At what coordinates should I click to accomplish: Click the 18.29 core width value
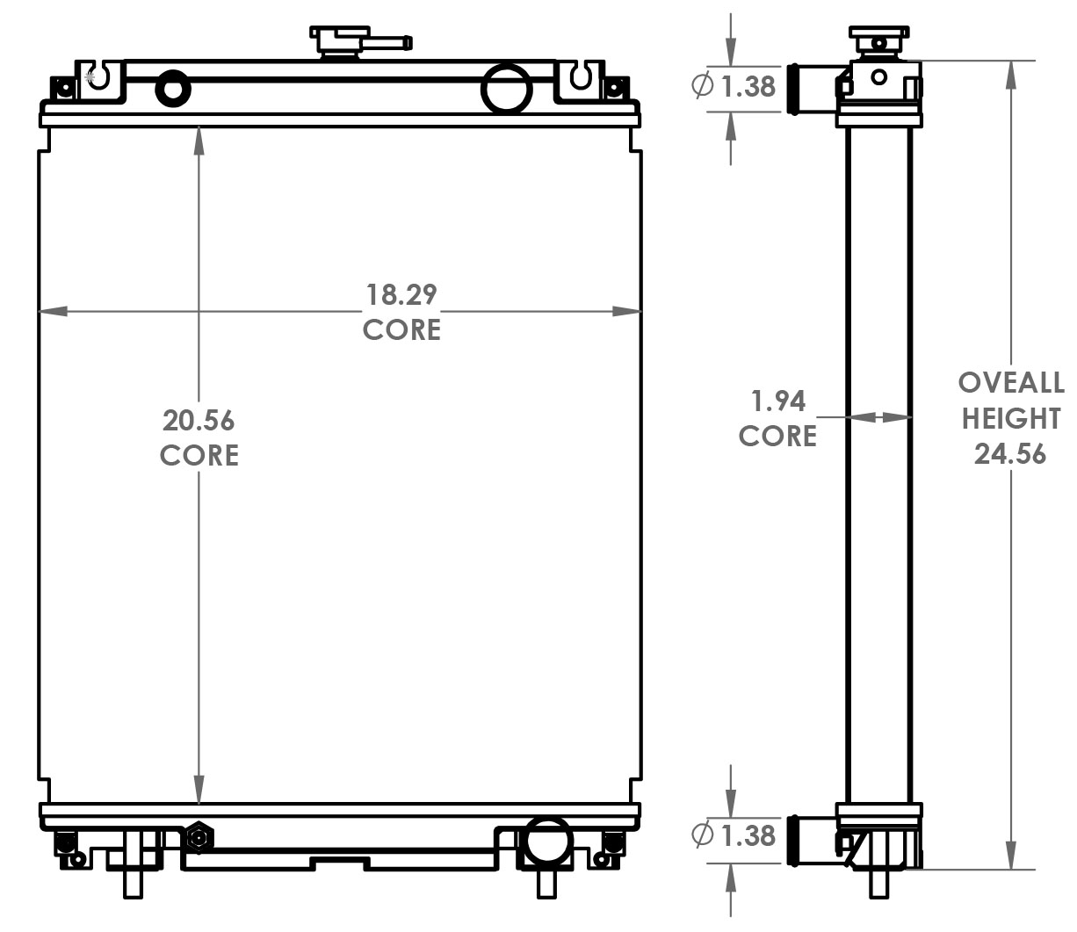pos(401,294)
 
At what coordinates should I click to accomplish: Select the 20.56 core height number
pos(199,421)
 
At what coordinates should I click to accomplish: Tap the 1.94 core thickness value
pos(778,401)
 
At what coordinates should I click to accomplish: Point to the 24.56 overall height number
pos(1010,454)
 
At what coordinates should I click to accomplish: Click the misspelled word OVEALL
pos(1010,383)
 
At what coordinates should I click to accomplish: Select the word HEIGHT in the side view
pos(1010,419)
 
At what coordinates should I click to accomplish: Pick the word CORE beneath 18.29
pos(401,330)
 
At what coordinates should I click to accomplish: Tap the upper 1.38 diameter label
pos(748,86)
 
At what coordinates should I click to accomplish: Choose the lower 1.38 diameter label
pos(748,834)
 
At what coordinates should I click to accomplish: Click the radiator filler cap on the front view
pos(339,41)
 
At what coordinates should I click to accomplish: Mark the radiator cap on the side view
pos(878,41)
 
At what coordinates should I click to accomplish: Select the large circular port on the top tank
pos(507,88)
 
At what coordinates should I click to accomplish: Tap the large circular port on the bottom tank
pos(546,842)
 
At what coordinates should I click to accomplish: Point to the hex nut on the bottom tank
pos(199,838)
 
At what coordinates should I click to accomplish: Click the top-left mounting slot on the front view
pos(99,76)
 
